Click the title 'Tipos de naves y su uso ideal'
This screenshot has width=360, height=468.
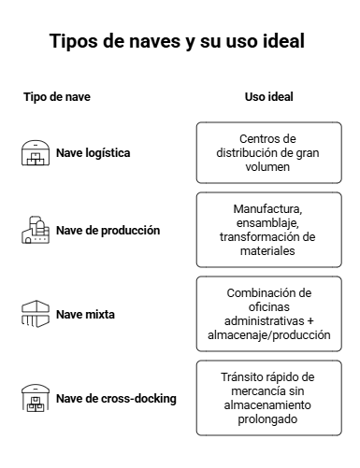[177, 41]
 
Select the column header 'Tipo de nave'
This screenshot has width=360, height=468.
[57, 97]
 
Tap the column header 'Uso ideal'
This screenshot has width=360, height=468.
[269, 97]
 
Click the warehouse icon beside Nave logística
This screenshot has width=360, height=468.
[36, 153]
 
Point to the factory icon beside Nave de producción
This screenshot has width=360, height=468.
[36, 230]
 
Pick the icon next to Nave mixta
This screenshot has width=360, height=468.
[36, 314]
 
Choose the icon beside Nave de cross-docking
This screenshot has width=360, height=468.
[36, 398]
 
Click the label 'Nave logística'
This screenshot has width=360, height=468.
[93, 153]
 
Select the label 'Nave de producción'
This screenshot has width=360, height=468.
[108, 231]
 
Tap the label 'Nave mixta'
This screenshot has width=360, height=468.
[85, 315]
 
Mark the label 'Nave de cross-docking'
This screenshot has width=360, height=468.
[116, 399]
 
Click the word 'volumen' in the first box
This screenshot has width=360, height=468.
[267, 167]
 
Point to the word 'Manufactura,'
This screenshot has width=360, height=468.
[267, 209]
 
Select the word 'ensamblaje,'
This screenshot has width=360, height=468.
[267, 223]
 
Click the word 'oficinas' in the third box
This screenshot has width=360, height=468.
[269, 307]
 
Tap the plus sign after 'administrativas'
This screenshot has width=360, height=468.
[310, 321]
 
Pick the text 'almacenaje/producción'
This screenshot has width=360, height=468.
[269, 335]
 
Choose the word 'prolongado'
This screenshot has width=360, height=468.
[267, 419]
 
